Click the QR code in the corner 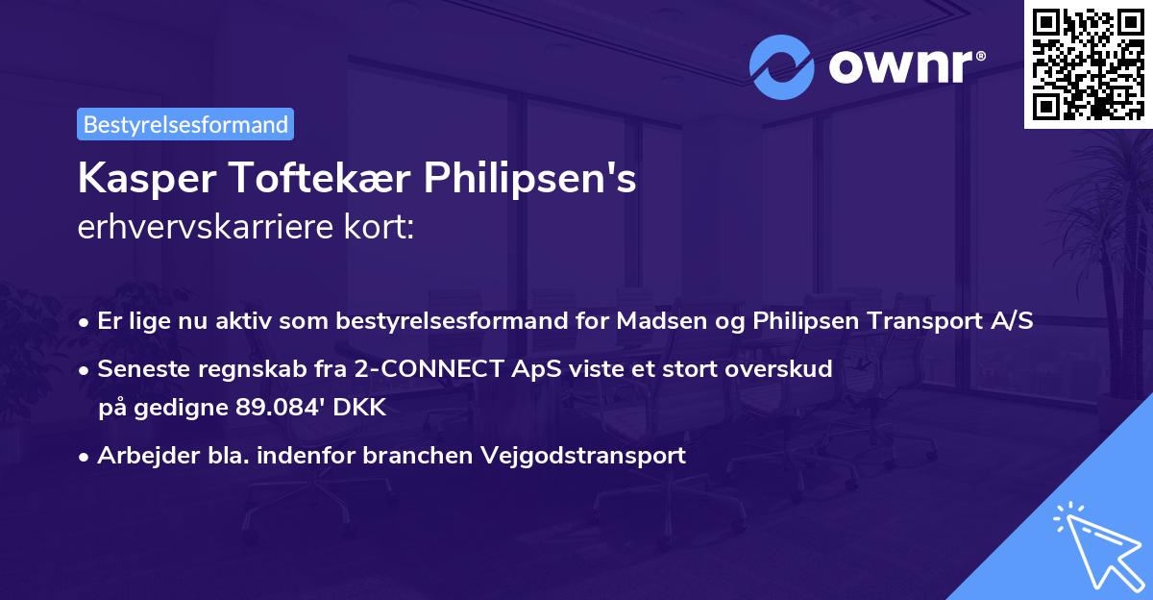(x=1088, y=63)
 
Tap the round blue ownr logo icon (x=782, y=67)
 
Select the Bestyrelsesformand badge (x=185, y=124)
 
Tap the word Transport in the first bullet (x=921, y=321)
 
